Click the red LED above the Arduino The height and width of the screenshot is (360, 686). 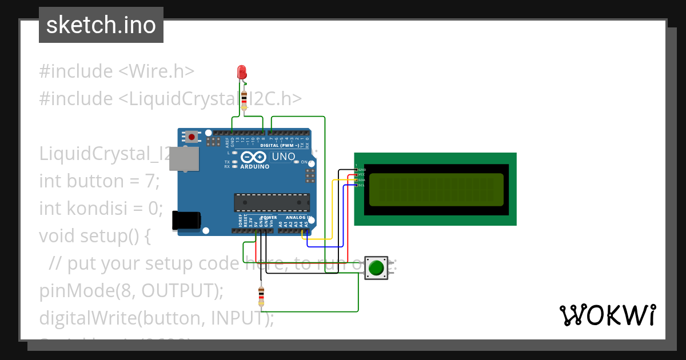242,72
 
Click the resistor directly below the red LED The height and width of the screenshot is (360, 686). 245,99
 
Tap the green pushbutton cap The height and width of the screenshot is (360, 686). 376,267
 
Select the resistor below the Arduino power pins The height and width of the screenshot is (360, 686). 261,295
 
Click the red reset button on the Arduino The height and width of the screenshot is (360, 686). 191,137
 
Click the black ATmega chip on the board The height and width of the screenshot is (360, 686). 272,203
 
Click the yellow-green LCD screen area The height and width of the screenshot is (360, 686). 436,190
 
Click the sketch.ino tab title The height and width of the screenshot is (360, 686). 101,25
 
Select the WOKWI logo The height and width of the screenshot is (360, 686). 607,315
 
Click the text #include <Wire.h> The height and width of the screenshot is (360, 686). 117,71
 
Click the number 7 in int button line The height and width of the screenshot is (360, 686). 150,181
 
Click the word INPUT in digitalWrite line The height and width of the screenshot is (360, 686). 236,318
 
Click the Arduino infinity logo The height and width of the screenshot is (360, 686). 254,157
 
